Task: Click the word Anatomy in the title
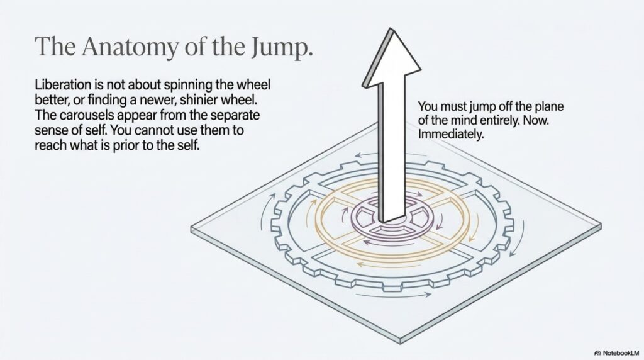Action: coord(130,46)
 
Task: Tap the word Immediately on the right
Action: coord(451,135)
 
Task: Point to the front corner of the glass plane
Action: coord(401,340)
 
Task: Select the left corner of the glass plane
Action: coord(191,228)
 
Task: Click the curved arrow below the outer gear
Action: coord(394,295)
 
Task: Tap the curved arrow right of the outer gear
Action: coord(518,239)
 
